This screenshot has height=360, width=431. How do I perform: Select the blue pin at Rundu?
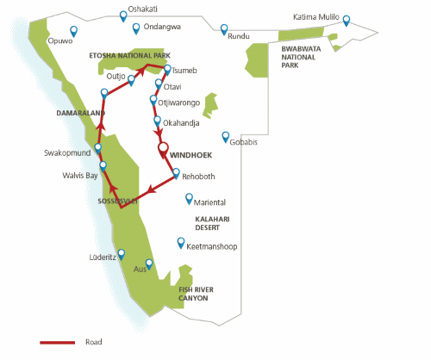tap(224, 29)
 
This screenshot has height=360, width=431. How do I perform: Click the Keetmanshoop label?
tap(211, 247)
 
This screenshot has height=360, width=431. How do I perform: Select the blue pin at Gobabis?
tap(225, 136)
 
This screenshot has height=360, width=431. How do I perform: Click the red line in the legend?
tap(57, 342)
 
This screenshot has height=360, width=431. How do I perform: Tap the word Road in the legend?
tap(94, 342)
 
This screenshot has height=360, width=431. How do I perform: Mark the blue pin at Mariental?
tap(190, 198)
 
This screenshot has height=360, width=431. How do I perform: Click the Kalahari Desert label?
tap(215, 224)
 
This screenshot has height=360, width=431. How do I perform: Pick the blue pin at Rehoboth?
tap(176, 172)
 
